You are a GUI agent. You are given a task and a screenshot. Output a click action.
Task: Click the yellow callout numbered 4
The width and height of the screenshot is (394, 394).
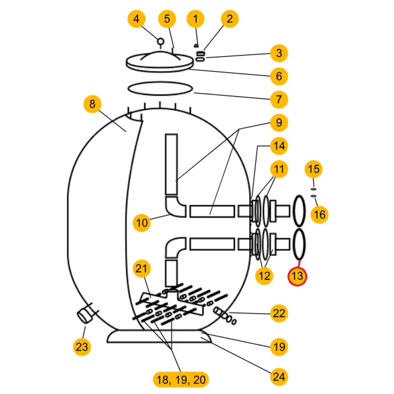(x=137, y=19)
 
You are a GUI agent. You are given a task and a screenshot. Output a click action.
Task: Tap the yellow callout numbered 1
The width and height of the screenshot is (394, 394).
(x=196, y=19)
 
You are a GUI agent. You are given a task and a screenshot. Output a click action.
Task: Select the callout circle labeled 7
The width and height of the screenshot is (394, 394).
(x=279, y=98)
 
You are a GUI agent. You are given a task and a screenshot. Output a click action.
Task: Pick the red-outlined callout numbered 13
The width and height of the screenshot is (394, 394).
(x=297, y=276)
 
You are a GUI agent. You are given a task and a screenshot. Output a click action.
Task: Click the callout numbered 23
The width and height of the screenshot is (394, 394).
(x=82, y=347)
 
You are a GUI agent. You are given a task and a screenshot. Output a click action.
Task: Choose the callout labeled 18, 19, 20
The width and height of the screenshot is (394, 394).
(x=180, y=379)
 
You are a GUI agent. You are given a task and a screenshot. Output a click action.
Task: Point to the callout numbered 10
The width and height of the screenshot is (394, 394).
(x=142, y=223)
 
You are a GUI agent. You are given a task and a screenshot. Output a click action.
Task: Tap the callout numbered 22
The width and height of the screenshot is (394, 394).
(x=279, y=313)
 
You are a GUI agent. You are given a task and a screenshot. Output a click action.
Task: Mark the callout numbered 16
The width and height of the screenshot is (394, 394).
(x=319, y=215)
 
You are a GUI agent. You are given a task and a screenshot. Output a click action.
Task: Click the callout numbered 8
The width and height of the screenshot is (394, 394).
(x=92, y=104)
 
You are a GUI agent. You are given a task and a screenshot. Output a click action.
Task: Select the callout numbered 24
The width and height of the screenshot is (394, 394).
(x=279, y=377)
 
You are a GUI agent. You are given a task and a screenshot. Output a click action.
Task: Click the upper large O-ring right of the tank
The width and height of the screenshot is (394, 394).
(x=299, y=209)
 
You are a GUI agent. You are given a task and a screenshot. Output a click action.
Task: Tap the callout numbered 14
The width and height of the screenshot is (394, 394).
(x=279, y=146)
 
